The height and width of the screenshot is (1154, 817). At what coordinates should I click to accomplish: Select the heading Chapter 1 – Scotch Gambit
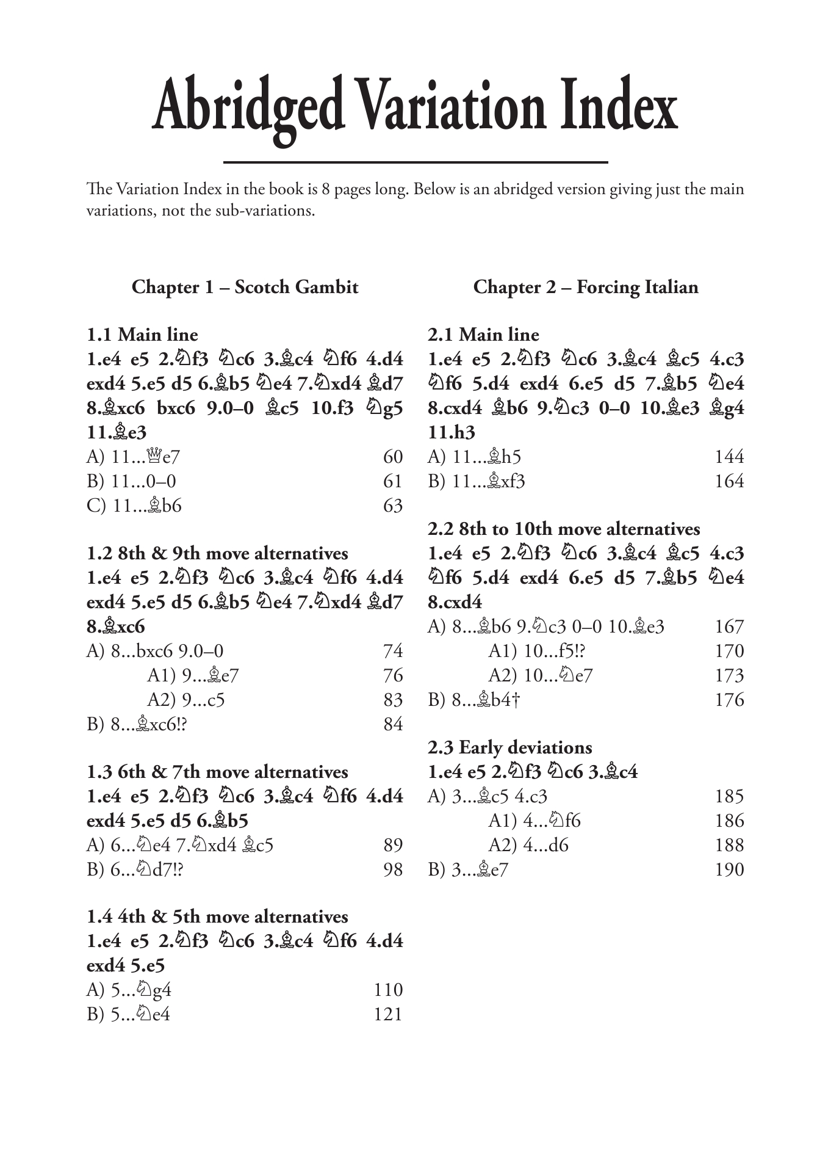[245, 287]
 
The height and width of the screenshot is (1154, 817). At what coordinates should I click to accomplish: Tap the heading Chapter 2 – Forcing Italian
[585, 287]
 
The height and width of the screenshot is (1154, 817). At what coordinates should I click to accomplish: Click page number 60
[393, 457]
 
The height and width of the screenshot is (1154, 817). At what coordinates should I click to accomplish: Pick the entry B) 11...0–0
[131, 482]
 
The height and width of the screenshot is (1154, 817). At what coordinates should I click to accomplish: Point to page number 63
[393, 506]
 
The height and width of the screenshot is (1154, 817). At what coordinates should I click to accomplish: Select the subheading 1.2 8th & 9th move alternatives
[217, 554]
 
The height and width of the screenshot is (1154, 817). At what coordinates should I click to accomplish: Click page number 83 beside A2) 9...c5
[393, 700]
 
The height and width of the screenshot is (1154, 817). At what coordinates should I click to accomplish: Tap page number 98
[393, 869]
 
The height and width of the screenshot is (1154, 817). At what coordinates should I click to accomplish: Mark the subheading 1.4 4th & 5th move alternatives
[217, 917]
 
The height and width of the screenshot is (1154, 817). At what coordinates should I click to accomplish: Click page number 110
[388, 990]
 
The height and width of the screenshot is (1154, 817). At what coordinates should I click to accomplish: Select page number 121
[388, 1014]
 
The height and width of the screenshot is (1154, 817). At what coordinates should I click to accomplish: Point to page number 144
[729, 457]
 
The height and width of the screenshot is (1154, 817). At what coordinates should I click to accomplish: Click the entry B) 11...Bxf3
[476, 482]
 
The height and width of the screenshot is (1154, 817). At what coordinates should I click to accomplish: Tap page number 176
[729, 700]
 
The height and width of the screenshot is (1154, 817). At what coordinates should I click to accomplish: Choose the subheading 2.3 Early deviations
[509, 748]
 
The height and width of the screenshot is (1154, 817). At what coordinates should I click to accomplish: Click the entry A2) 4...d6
[528, 846]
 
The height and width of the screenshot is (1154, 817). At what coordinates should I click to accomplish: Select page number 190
[729, 869]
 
